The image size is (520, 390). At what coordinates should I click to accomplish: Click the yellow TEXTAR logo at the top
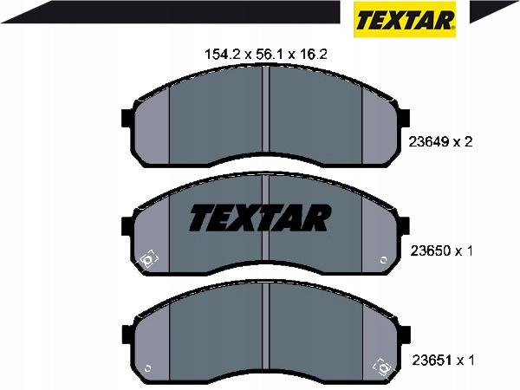[x=405, y=19]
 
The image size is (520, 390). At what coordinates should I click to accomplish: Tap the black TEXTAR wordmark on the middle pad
[x=260, y=218]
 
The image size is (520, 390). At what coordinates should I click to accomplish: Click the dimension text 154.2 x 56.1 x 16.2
[x=266, y=54]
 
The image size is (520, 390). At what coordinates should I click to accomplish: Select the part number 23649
[x=428, y=142]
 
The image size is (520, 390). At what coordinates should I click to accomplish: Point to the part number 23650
[x=431, y=250]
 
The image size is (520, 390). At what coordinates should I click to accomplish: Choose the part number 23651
[x=432, y=360]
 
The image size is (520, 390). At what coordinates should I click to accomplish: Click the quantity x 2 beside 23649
[x=463, y=142]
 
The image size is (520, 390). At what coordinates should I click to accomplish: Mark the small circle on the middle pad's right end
[x=383, y=260]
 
